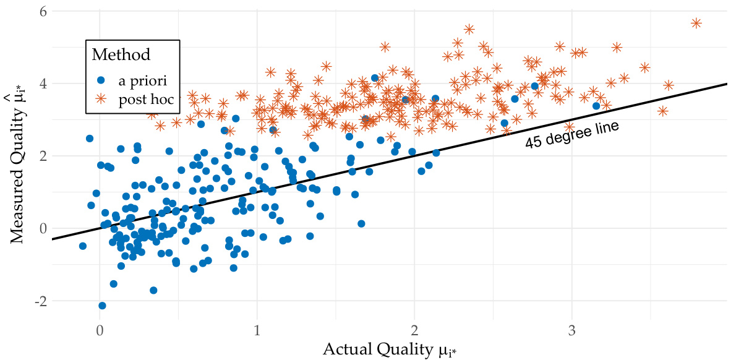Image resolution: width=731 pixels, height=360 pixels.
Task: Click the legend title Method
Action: pyautogui.click(x=121, y=54)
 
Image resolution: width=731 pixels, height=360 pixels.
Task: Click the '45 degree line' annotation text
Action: pyautogui.click(x=572, y=134)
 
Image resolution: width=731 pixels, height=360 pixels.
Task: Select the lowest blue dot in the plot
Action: pyautogui.click(x=102, y=306)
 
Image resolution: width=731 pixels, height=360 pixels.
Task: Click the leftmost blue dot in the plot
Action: pyautogui.click(x=83, y=246)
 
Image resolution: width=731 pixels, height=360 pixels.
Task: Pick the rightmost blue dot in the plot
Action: pyautogui.click(x=596, y=106)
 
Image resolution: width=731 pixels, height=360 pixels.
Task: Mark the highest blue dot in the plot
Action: pyautogui.click(x=374, y=78)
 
